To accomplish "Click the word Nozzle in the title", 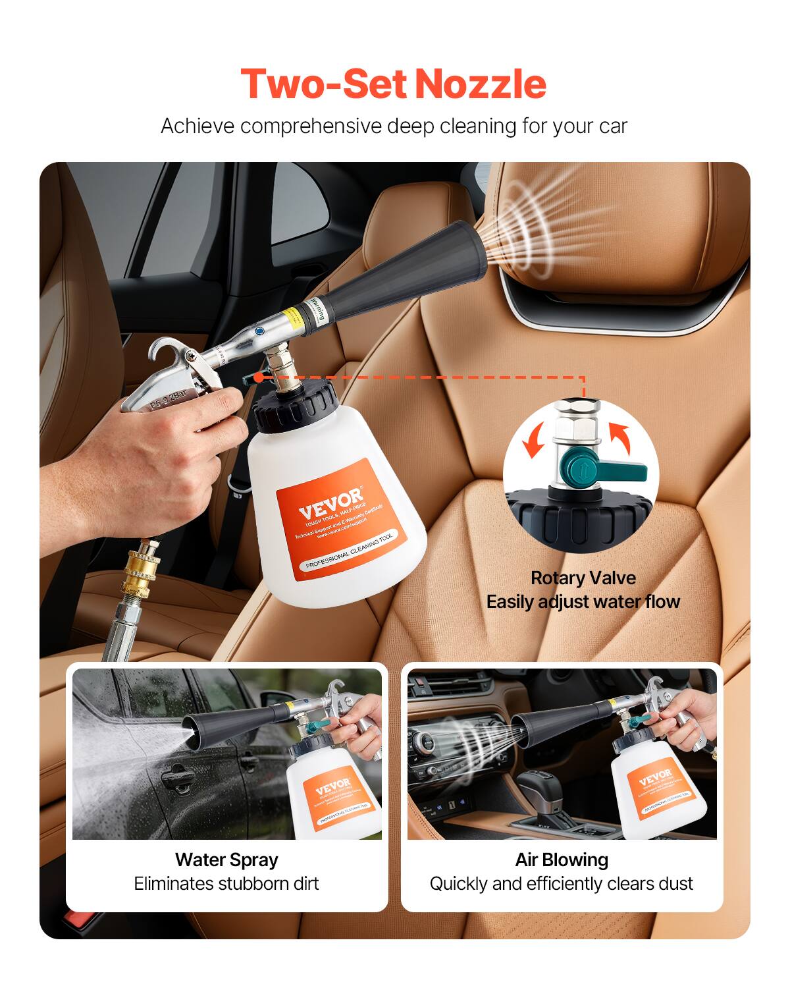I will coord(481,84).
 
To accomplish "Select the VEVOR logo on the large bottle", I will coord(330,503).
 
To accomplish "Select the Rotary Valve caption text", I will coord(583,578).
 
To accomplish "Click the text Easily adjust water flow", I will coord(583,601).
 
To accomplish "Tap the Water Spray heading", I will coord(226,860).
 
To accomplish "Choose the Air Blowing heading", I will coord(562,860).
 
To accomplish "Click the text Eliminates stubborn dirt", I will coord(226,883).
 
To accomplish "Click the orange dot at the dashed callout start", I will coord(259,377).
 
